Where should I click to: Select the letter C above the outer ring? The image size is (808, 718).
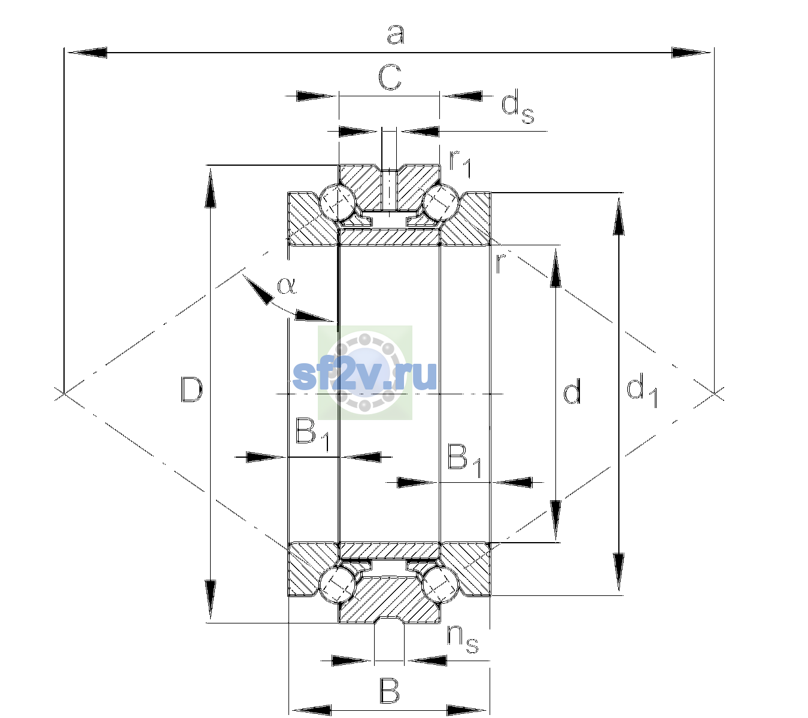pyautogui.click(x=389, y=77)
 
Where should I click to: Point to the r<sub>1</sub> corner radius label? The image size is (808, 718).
pyautogui.click(x=460, y=163)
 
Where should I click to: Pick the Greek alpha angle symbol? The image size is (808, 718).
pyautogui.click(x=287, y=285)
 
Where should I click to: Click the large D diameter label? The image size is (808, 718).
pyautogui.click(x=192, y=389)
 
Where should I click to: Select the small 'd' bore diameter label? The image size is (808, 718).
pyautogui.click(x=572, y=391)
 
